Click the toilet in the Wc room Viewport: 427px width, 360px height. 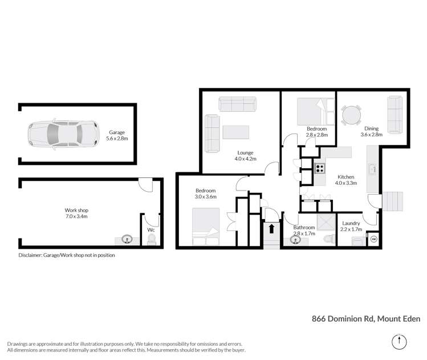(x=151, y=241)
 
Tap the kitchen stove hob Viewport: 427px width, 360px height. (x=320, y=168)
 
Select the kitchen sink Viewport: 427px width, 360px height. (x=373, y=169)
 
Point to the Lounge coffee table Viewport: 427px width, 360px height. (x=235, y=132)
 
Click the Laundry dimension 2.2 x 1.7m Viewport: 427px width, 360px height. (x=351, y=229)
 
